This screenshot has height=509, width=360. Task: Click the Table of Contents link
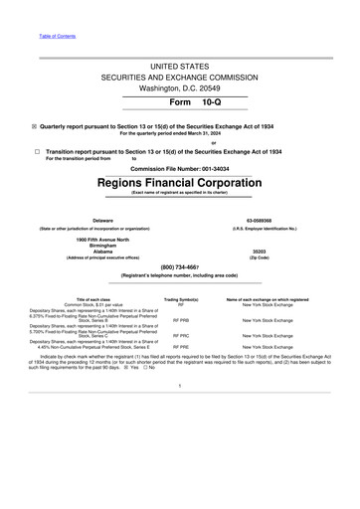[57, 37]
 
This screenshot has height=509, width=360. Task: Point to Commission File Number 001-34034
[180, 168]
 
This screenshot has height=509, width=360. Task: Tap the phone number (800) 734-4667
[179, 267]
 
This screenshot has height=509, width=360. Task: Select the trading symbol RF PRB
[181, 321]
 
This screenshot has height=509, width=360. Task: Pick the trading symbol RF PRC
[181, 336]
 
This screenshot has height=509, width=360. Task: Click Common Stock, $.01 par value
[93, 304]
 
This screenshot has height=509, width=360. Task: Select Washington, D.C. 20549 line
[179, 87]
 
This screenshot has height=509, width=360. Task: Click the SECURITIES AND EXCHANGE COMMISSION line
[179, 76]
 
